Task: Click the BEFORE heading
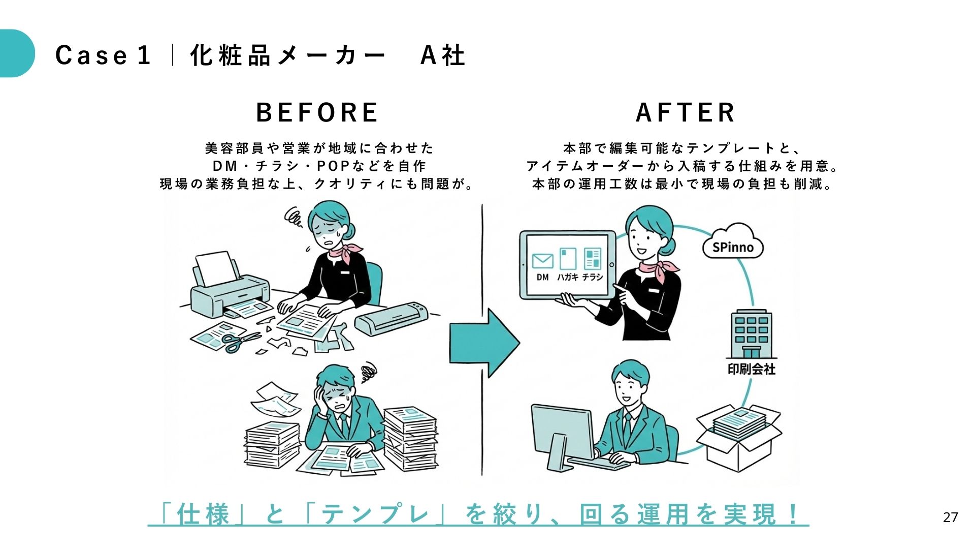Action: coord(317,112)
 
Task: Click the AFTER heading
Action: coord(686,112)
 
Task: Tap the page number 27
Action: coord(950,517)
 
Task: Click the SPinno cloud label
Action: coord(733,247)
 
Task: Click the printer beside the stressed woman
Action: coord(229,290)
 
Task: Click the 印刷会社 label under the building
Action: coord(751,369)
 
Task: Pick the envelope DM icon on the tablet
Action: coord(542,261)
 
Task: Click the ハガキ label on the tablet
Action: coord(567,277)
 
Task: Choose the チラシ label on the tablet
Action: coord(592,277)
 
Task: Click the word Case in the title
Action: coord(91,55)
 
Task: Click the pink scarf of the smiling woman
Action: coord(658,269)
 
